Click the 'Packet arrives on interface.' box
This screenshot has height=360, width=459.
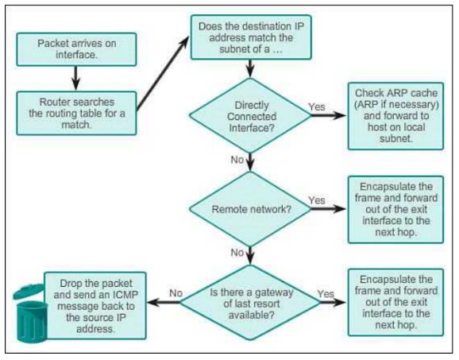76,49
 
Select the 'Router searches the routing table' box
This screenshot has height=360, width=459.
76,114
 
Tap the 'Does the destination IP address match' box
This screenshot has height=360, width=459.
251,37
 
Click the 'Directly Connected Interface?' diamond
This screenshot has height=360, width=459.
250,116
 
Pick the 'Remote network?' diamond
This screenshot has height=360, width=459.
250,209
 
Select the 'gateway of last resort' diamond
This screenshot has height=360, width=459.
250,303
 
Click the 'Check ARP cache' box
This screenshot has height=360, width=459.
395,116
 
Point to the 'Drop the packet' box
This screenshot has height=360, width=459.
95,305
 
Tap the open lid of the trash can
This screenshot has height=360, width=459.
28,291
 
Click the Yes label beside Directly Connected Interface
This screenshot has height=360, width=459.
317,107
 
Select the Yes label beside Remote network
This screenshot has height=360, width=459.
317,200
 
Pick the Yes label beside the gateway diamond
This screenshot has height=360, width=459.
326,293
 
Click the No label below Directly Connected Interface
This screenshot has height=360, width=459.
237,160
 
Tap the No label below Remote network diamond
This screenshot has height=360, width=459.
237,253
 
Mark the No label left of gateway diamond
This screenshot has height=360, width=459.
175,293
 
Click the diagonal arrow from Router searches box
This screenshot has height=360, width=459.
163,74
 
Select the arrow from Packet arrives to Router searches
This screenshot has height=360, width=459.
76,78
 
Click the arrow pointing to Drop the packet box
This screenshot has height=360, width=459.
164,302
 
